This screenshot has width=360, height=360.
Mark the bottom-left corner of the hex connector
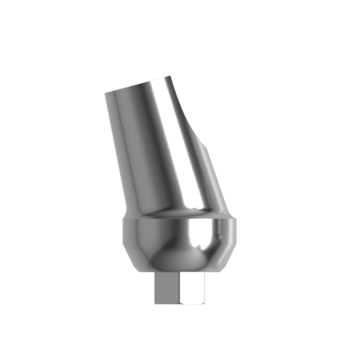point(155,304)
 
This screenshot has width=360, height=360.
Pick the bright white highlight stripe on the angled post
point(174,143)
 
